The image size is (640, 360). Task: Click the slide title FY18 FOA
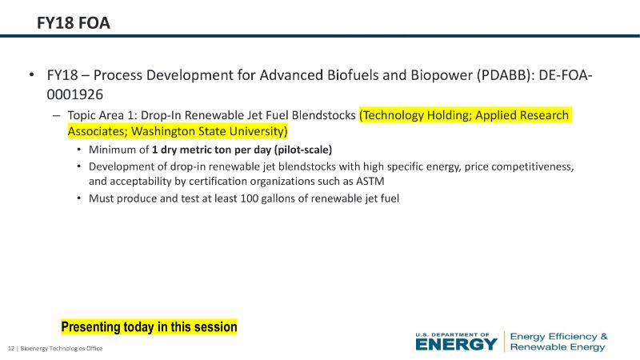click(x=74, y=23)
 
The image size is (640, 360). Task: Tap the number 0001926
click(x=74, y=94)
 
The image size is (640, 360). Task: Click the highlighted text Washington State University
click(x=210, y=131)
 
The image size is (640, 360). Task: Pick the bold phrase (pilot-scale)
click(x=303, y=150)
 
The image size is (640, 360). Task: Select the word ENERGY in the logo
click(x=456, y=345)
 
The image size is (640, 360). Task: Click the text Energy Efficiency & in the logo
click(x=558, y=336)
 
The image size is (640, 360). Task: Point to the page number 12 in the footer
click(x=11, y=348)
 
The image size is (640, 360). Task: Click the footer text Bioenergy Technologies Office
click(x=62, y=348)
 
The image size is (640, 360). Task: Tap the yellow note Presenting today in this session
click(x=149, y=327)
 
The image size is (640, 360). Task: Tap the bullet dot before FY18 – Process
click(x=31, y=74)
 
